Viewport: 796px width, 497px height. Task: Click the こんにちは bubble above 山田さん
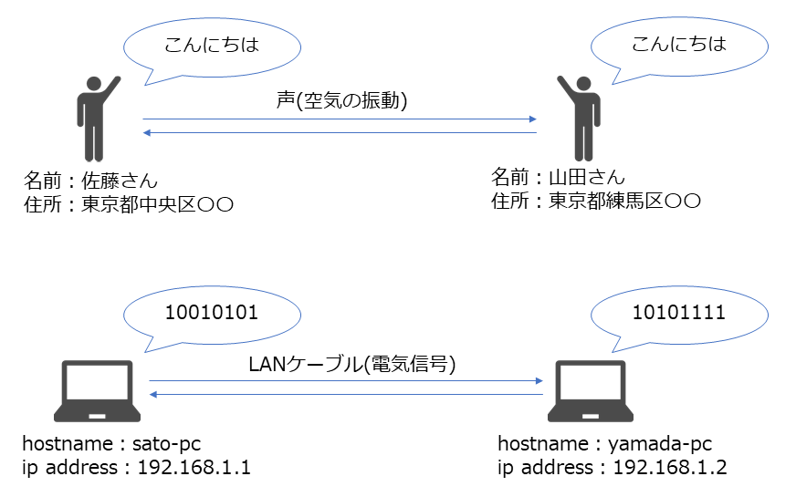tap(676, 46)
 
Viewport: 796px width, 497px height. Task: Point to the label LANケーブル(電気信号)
tap(351, 365)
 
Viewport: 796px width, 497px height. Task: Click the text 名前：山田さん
tap(560, 177)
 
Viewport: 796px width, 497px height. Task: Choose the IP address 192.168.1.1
tap(194, 468)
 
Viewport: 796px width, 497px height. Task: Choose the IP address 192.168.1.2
tap(669, 468)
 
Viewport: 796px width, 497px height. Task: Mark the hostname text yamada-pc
tap(657, 444)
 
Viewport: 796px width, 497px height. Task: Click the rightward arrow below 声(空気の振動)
tap(338, 119)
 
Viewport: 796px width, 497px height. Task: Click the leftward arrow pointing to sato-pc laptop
tap(347, 394)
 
